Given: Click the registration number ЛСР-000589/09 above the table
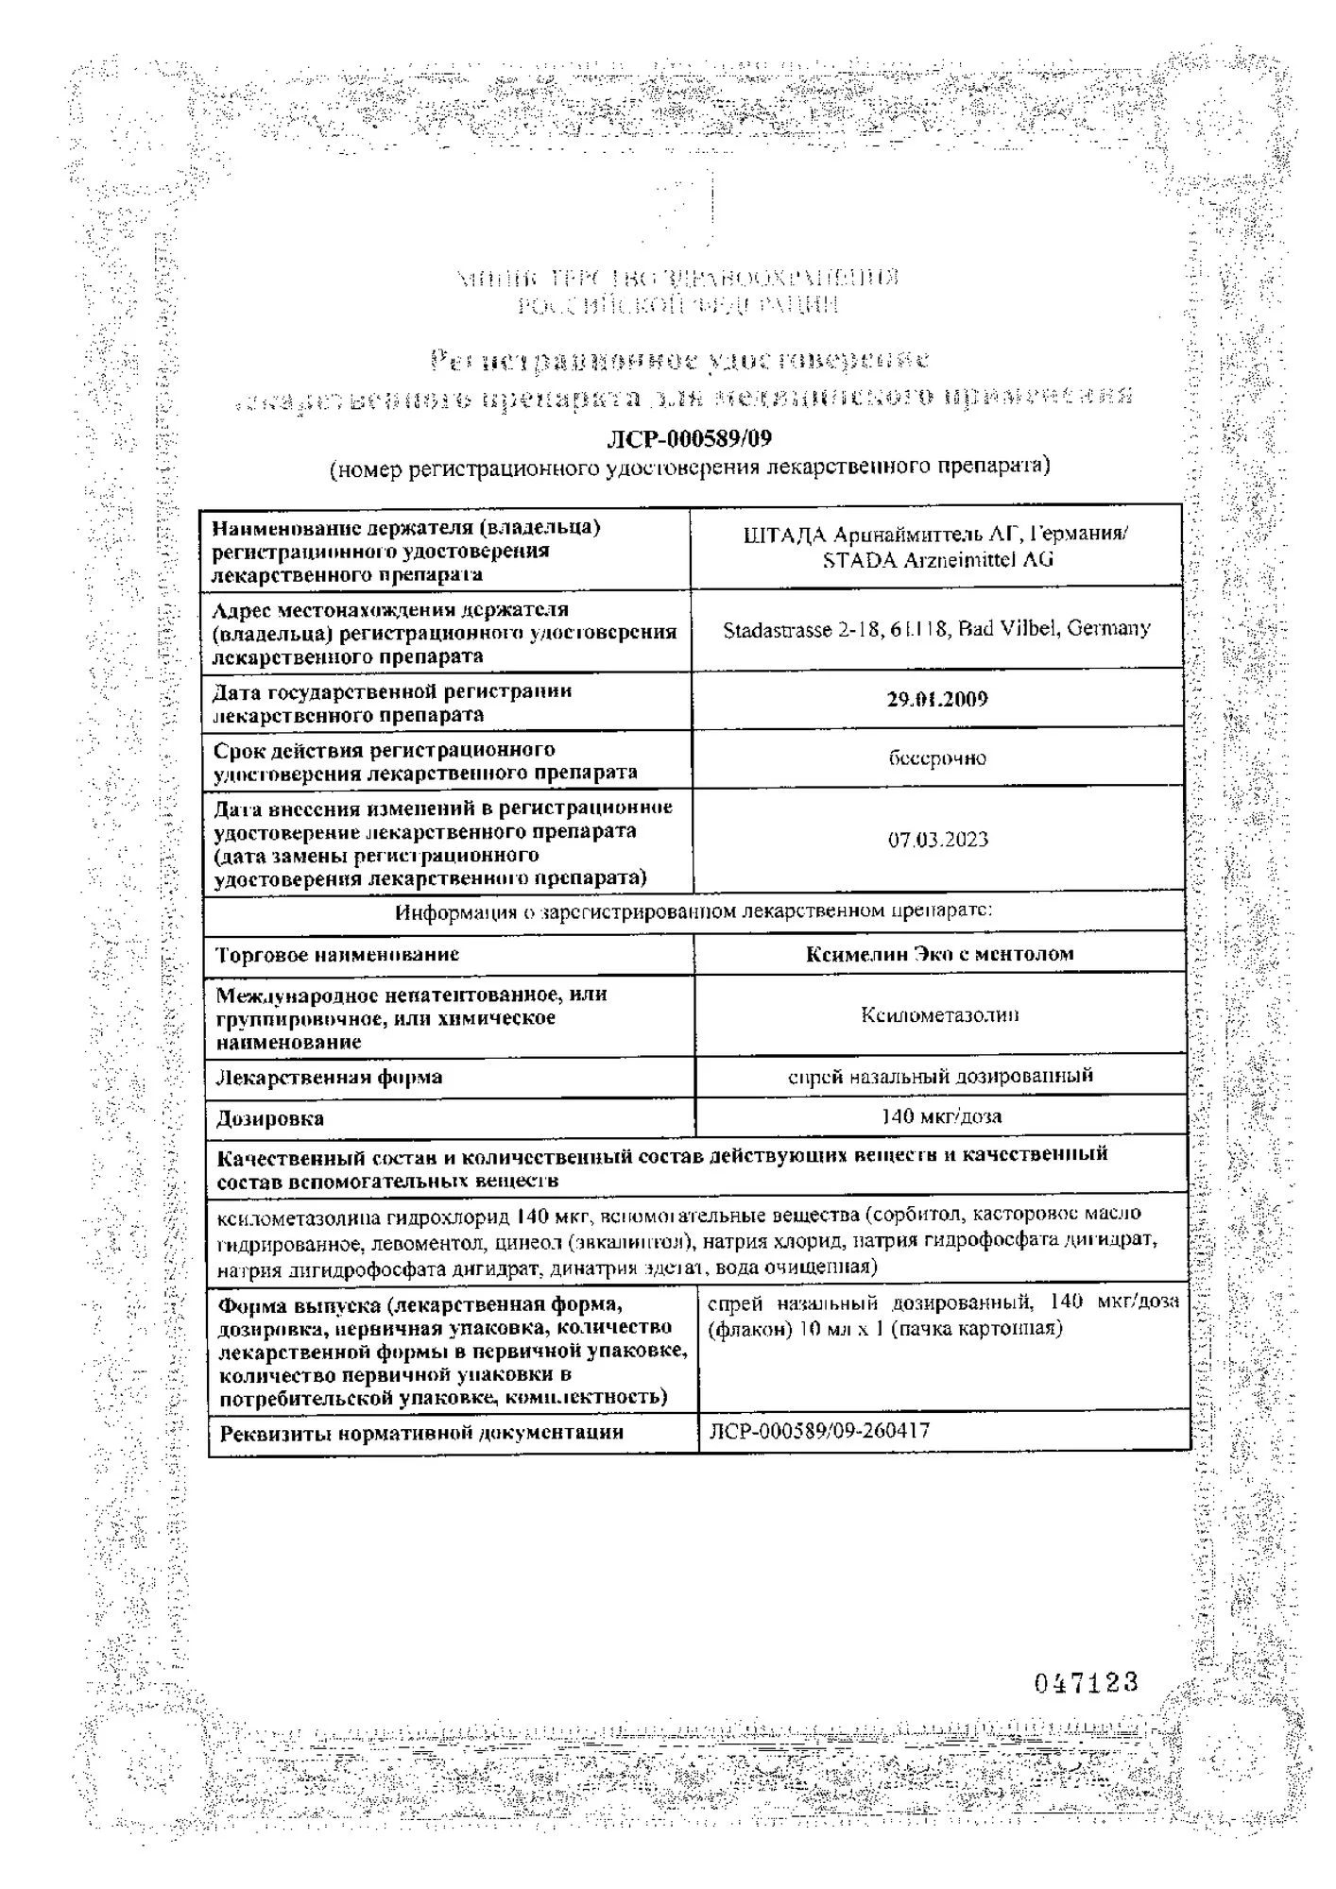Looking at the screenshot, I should [x=689, y=439].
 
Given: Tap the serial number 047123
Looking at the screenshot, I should [x=1086, y=1682].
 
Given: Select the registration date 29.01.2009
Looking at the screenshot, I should [x=937, y=700].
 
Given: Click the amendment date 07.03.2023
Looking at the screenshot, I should [x=937, y=840].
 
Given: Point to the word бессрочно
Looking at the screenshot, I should [x=937, y=758].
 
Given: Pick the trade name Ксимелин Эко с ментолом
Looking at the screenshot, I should [x=939, y=954].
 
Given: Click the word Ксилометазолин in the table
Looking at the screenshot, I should [x=939, y=1015].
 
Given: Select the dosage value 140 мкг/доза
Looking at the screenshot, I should [x=940, y=1116].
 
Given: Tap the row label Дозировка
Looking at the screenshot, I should [x=270, y=1119].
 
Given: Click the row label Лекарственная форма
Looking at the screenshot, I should [x=329, y=1078].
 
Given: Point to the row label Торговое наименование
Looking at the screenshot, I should [x=337, y=955].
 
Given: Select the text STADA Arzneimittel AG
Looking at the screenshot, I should [x=937, y=560].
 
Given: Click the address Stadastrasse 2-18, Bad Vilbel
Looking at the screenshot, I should [x=936, y=629].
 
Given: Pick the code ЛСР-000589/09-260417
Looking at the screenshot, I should [x=819, y=1431].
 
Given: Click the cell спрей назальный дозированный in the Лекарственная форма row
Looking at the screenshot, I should [x=940, y=1076].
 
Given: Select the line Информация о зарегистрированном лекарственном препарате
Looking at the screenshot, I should [x=694, y=912].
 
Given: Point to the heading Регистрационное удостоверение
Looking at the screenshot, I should [x=679, y=360].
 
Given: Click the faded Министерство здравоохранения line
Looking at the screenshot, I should [x=677, y=279].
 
